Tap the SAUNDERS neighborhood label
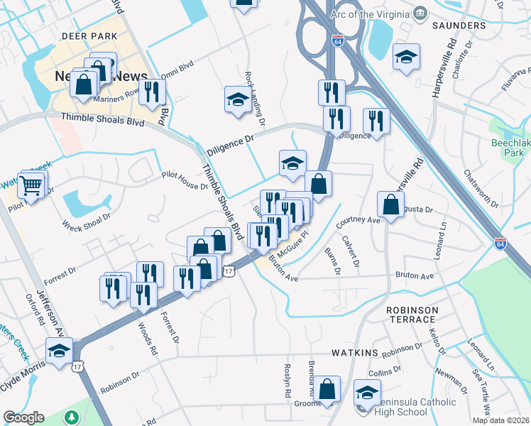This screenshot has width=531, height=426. [458, 26]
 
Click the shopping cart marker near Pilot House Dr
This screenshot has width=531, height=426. [32, 185]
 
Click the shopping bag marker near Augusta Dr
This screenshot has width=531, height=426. [391, 205]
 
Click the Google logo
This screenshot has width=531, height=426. [23, 417]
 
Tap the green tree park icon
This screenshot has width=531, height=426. [71, 417]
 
